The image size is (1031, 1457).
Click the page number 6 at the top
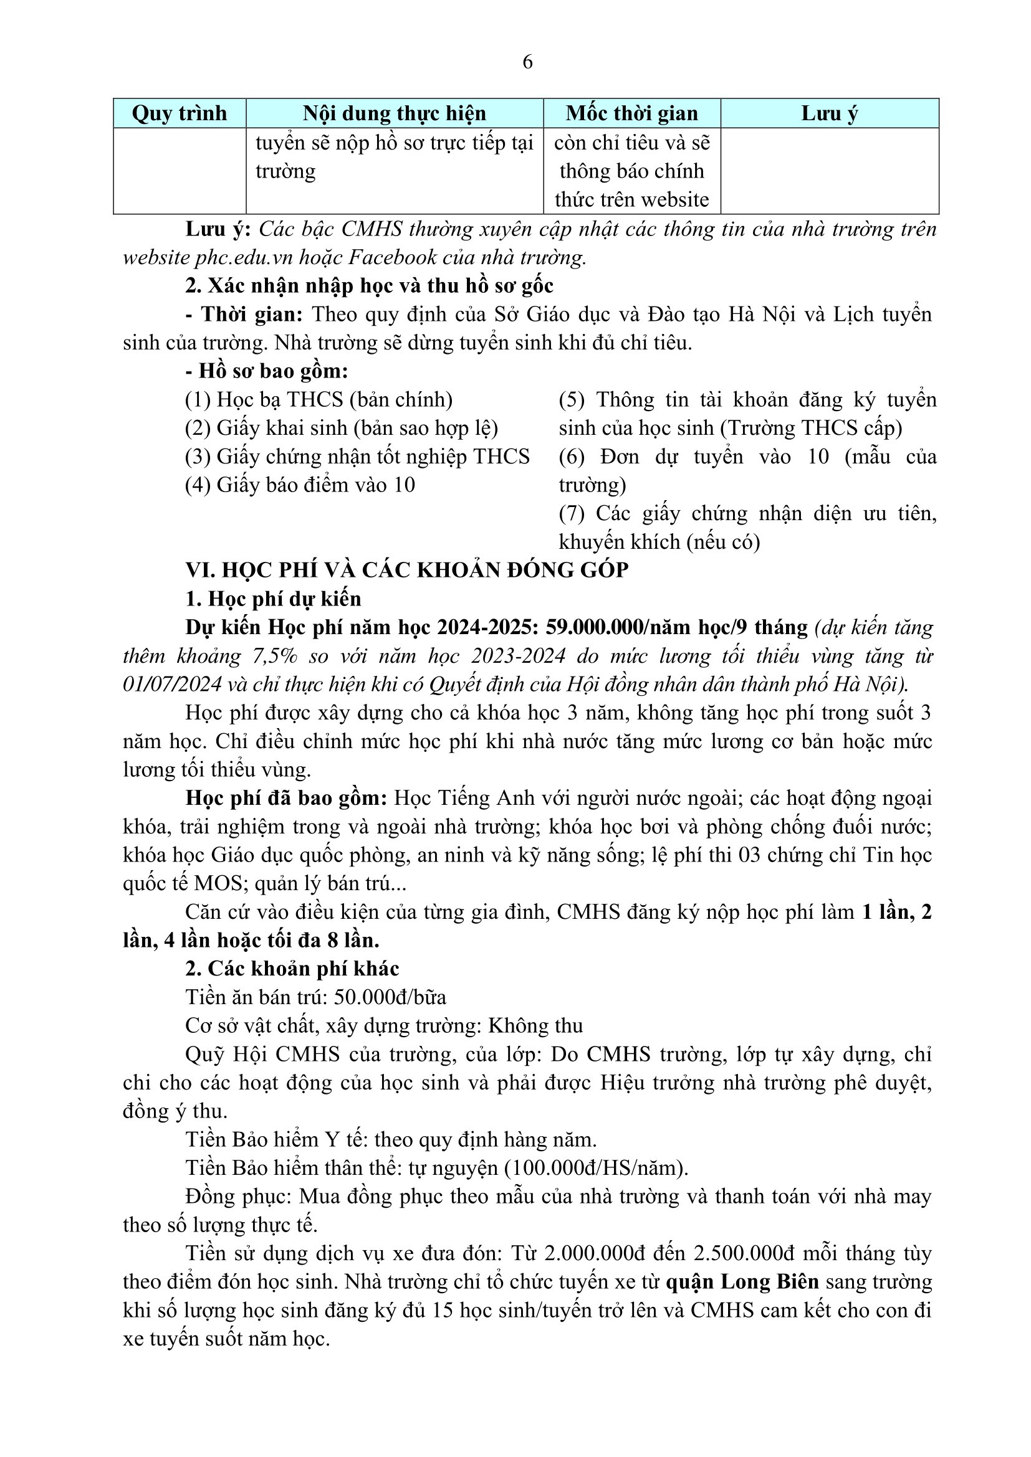(x=527, y=62)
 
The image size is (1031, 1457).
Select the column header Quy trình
(x=179, y=113)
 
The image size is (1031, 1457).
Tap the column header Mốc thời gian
(x=631, y=113)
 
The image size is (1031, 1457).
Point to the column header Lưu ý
(x=829, y=113)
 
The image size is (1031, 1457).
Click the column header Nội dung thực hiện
(x=394, y=113)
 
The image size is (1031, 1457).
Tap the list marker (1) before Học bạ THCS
(x=198, y=400)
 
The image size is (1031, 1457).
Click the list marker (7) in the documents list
(x=572, y=513)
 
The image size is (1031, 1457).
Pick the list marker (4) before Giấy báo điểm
(x=198, y=485)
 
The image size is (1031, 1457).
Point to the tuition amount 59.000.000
(x=594, y=627)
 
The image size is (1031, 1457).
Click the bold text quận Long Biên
(x=742, y=1282)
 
